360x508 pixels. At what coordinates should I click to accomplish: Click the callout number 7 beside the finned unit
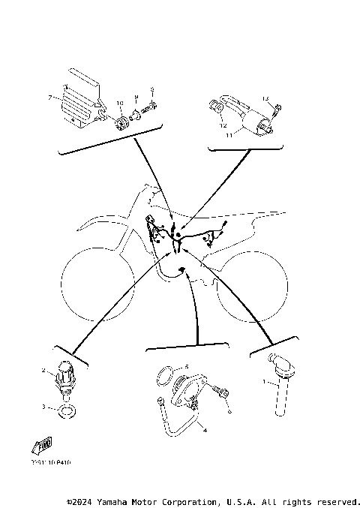pyautogui.click(x=49, y=98)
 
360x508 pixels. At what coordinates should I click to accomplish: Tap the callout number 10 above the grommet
pyautogui.click(x=118, y=103)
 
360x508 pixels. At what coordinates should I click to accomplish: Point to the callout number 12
pyautogui.click(x=223, y=126)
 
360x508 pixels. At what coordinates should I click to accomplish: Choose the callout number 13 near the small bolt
pyautogui.click(x=265, y=99)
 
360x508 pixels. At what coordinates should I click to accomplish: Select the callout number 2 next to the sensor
pyautogui.click(x=44, y=370)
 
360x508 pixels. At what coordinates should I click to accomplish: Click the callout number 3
pyautogui.click(x=44, y=407)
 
